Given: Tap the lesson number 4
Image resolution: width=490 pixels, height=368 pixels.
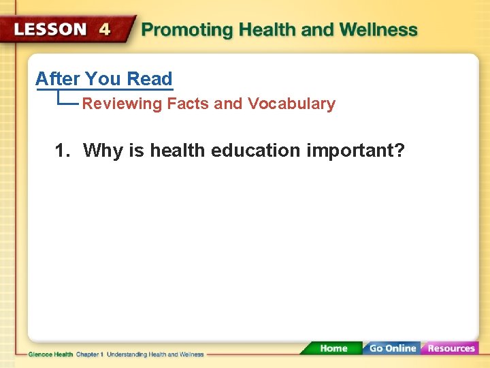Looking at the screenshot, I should [104, 30].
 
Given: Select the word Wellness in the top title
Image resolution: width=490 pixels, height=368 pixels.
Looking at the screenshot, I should [378, 30].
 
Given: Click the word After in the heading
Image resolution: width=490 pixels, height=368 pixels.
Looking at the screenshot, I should [58, 79].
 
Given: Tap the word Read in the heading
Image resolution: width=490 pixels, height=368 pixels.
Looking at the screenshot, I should [150, 79].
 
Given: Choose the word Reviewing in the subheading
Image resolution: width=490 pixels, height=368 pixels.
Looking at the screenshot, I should [122, 104].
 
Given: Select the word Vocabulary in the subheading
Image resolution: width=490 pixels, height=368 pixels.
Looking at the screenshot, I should [291, 104].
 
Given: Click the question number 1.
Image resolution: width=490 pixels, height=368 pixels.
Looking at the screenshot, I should [62, 150].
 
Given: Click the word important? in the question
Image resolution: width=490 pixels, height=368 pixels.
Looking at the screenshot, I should [355, 150].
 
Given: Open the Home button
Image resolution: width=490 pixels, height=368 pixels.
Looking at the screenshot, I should [333, 348].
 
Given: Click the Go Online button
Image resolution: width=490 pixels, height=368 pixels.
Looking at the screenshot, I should [392, 348].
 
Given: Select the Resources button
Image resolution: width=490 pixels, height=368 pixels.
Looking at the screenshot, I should [451, 348].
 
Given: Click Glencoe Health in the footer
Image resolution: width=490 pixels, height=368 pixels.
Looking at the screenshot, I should [50, 354].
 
